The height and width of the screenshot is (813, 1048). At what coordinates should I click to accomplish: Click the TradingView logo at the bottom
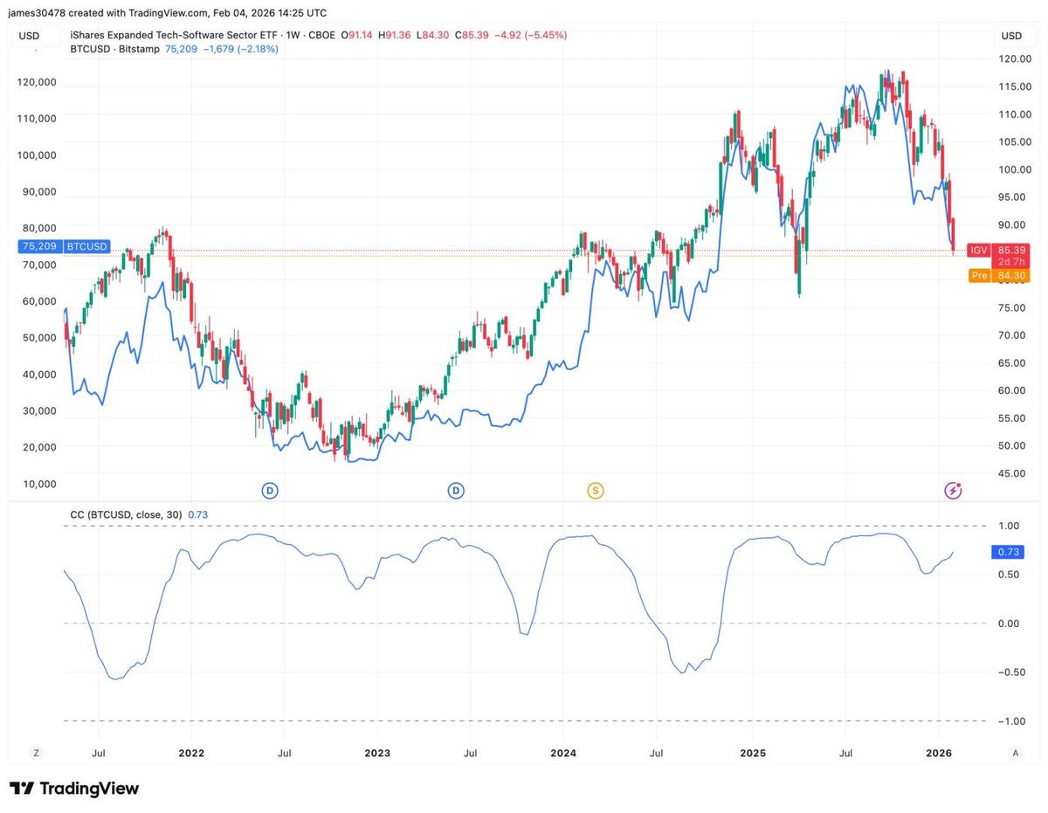(x=74, y=789)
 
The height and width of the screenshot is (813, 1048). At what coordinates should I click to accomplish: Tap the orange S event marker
(x=596, y=491)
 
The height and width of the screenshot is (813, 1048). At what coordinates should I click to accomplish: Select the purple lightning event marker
(x=953, y=491)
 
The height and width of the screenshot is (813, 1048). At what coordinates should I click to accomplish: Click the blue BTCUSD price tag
(x=63, y=246)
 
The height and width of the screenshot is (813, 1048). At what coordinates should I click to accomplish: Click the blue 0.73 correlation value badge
(x=1008, y=552)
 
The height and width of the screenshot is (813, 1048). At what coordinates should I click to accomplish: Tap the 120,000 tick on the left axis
(x=37, y=82)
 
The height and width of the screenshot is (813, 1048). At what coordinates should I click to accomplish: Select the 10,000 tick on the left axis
(x=39, y=484)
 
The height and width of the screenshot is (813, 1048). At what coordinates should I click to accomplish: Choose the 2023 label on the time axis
(x=377, y=753)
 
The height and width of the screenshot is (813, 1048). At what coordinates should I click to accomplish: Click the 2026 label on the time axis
(x=938, y=753)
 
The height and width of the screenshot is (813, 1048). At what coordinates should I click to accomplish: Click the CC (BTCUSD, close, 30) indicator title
(x=126, y=515)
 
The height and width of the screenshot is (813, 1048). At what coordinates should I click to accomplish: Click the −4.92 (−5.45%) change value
(x=531, y=36)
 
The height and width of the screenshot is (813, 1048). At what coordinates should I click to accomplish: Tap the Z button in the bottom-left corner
(x=37, y=753)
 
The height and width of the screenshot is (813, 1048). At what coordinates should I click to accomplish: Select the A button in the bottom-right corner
(x=1015, y=753)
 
